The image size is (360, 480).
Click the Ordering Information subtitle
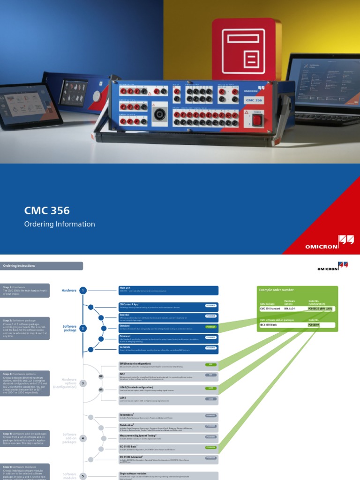(60, 224)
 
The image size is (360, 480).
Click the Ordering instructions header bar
(42, 266)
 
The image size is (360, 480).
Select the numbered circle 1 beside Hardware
(83, 291)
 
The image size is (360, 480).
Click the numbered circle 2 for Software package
(83, 328)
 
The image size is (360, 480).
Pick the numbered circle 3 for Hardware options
(83, 383)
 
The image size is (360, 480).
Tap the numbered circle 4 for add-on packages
(83, 438)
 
